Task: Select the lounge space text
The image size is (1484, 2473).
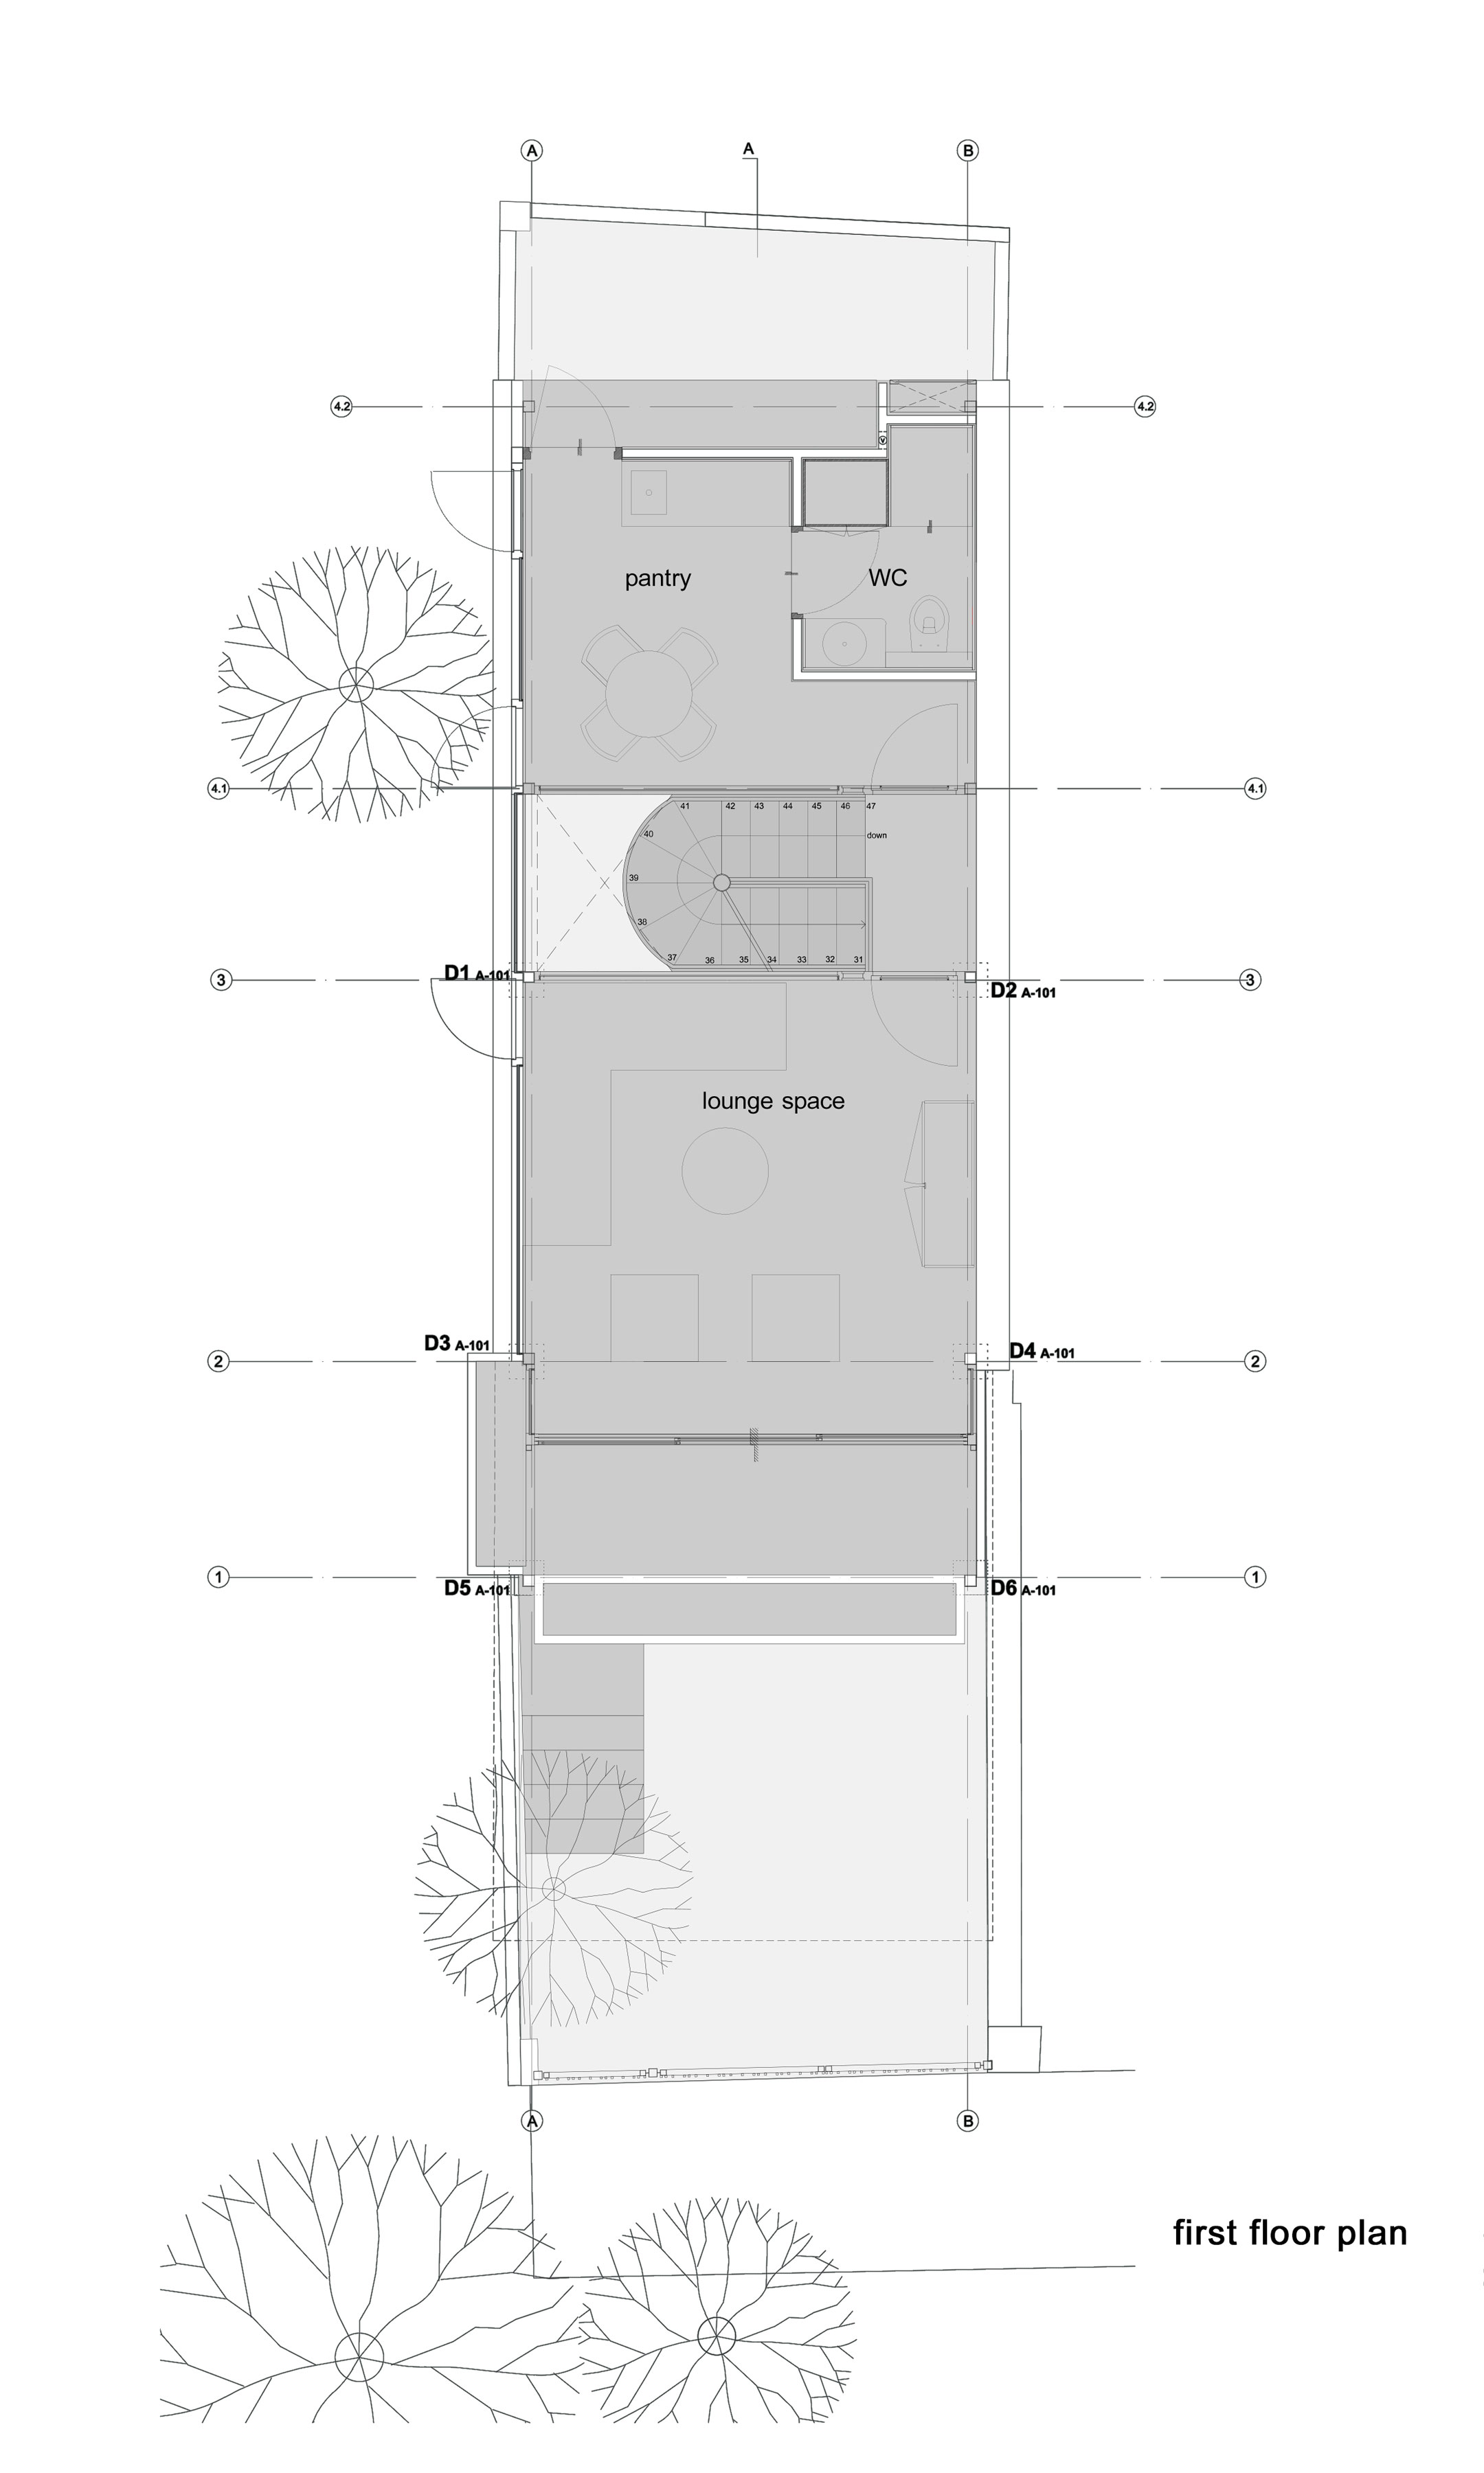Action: coord(773,1102)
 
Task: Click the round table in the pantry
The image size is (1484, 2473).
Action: coord(649,694)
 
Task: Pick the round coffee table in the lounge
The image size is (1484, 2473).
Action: coord(725,1170)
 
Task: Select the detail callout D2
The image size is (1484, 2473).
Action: coord(1023,990)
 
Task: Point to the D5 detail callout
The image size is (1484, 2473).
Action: coord(477,1587)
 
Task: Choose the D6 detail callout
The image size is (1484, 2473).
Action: coord(1023,1587)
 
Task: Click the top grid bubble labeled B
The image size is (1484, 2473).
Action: coord(967,151)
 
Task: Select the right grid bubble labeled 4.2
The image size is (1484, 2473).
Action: coord(1145,407)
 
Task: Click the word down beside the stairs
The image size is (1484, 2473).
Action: coord(877,836)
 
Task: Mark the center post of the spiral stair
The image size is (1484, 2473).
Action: coord(722,882)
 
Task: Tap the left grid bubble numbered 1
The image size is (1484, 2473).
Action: coord(218,1577)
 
